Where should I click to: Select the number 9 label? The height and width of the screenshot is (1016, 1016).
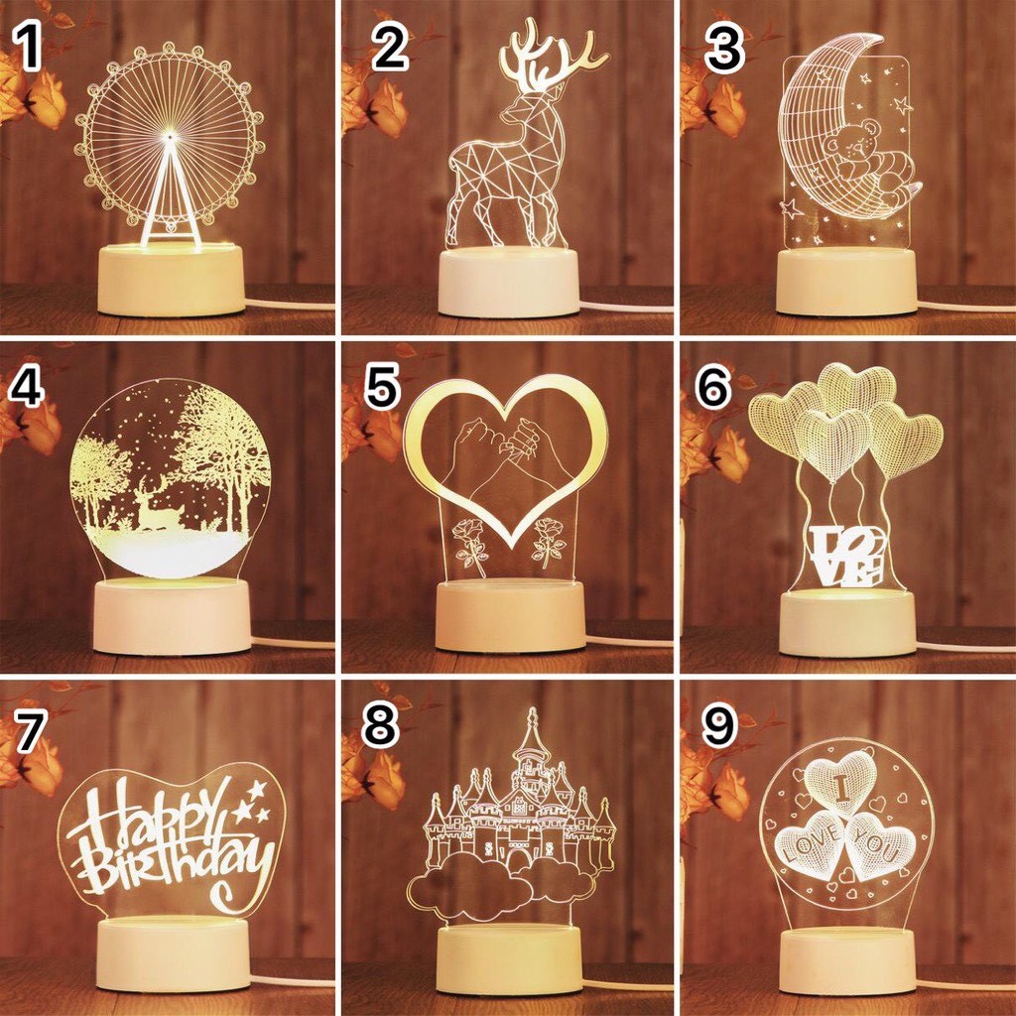720,726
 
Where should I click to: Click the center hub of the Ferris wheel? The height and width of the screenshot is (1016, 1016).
171,136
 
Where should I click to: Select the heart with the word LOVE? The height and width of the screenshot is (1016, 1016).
810,844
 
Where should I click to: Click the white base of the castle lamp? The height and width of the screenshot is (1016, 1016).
509,959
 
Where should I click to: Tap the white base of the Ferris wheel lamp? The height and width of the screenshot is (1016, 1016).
171,281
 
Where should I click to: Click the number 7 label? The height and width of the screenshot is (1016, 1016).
30,730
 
